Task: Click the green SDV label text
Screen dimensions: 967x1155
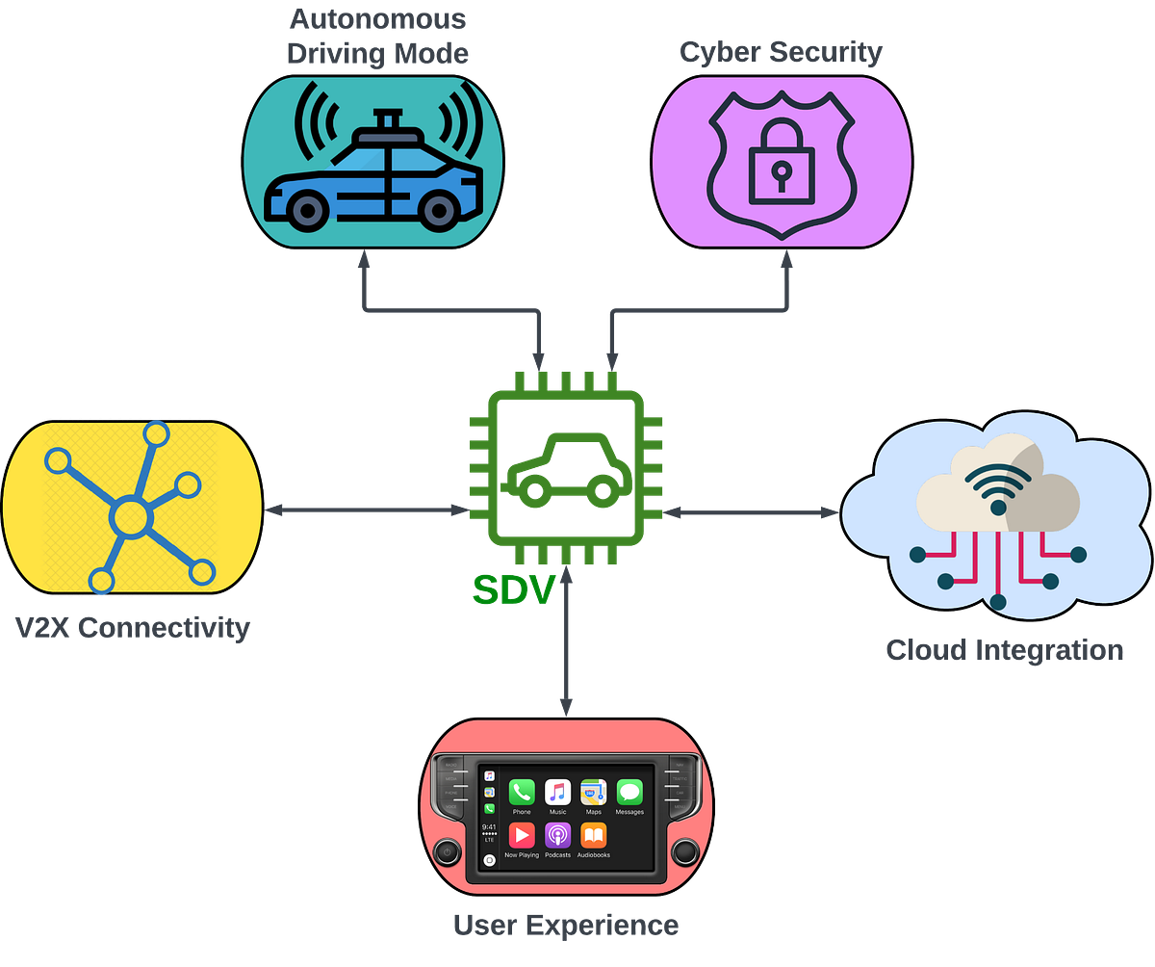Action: tap(514, 589)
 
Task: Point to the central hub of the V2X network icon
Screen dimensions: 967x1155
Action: tap(131, 518)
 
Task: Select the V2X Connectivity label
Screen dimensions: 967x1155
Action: tap(133, 629)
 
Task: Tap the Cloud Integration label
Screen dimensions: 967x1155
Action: tap(1004, 650)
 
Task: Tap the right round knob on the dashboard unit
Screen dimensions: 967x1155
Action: tap(684, 851)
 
